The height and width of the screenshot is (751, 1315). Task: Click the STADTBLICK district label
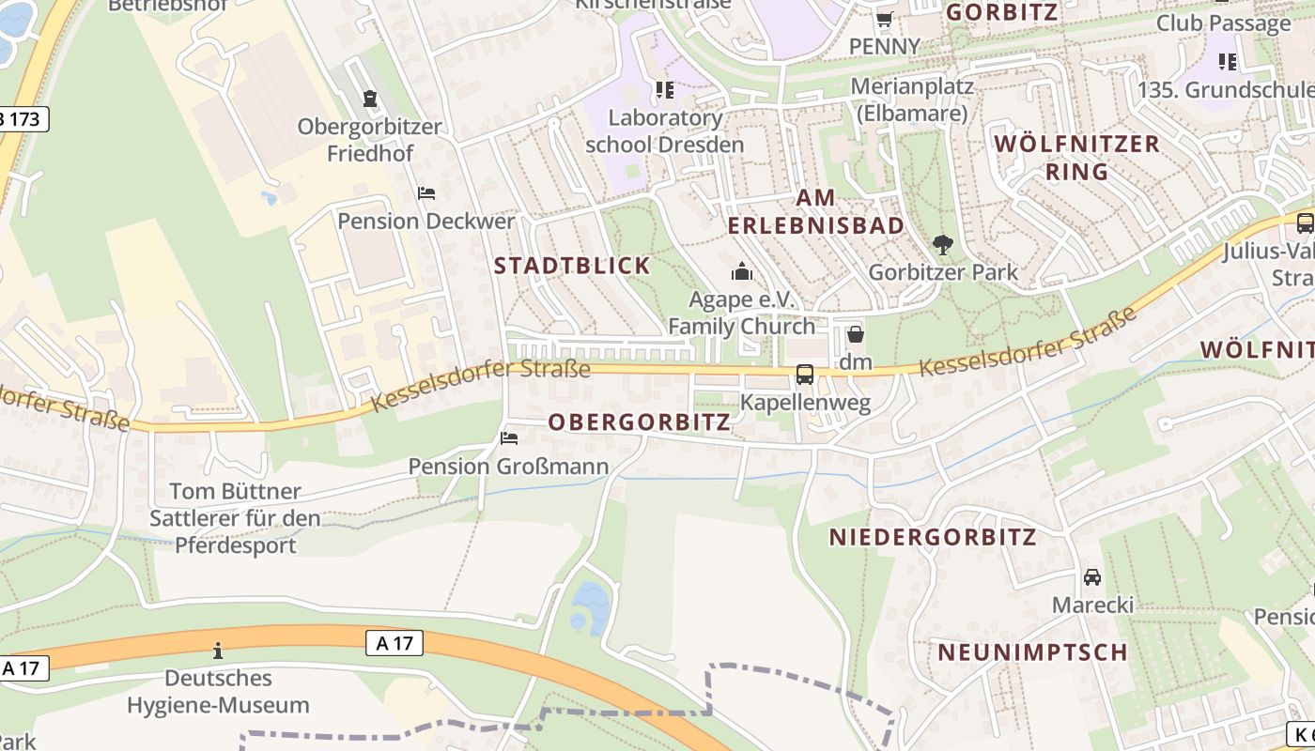click(x=572, y=266)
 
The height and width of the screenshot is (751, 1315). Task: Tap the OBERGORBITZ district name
click(x=639, y=422)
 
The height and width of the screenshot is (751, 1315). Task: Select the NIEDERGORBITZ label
click(x=933, y=537)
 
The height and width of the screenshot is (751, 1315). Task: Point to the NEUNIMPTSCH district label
click(x=1032, y=652)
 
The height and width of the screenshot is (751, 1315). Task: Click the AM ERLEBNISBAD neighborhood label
click(x=815, y=212)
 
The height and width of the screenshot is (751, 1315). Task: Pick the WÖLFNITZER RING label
click(x=1076, y=158)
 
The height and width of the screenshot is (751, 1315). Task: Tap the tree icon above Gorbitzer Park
click(x=942, y=246)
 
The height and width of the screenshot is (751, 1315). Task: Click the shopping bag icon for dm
click(x=855, y=335)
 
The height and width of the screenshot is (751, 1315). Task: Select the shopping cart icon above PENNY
click(x=884, y=20)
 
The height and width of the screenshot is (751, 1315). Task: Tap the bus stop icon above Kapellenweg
click(x=805, y=375)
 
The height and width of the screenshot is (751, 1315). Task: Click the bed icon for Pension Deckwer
click(x=426, y=194)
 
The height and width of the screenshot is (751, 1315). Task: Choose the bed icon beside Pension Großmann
click(x=509, y=438)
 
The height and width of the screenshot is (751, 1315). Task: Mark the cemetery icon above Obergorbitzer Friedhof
click(x=370, y=99)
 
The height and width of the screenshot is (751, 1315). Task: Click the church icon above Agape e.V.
click(x=742, y=273)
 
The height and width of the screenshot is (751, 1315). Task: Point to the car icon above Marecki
click(x=1092, y=577)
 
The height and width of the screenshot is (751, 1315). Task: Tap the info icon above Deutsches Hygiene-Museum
click(x=218, y=651)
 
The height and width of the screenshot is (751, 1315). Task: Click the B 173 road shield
click(x=23, y=119)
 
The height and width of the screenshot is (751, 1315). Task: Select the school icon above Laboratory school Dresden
click(x=665, y=90)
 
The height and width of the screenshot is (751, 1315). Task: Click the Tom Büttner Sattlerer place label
click(x=235, y=518)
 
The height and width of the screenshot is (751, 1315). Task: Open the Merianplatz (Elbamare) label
click(x=912, y=100)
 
